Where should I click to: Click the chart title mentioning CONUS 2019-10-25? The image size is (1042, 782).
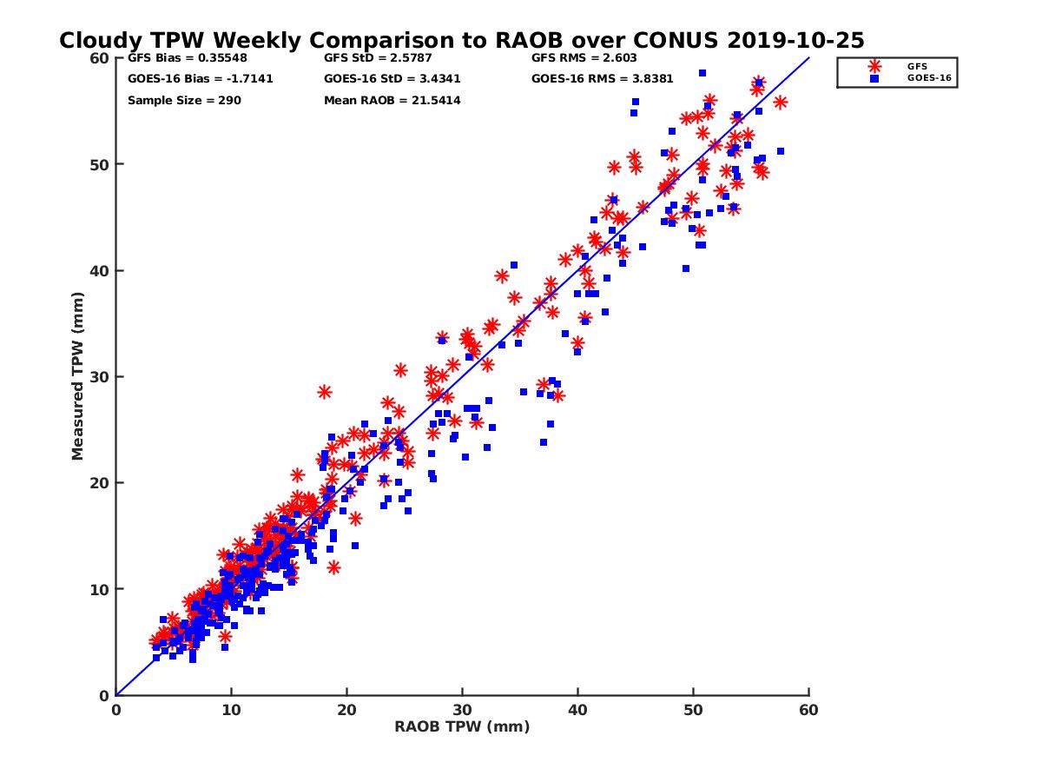coord(461,41)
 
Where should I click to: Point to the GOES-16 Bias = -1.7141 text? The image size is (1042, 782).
coord(188,79)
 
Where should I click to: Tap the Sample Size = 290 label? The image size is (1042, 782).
coord(184,101)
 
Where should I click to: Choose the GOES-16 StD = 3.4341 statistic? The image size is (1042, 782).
coord(392,79)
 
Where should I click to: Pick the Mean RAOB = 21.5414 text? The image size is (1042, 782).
coord(392,101)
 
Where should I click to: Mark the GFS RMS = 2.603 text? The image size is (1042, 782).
coord(584,59)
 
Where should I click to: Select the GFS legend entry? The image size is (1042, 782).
coord(917,66)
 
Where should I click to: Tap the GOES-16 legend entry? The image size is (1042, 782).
coord(925,78)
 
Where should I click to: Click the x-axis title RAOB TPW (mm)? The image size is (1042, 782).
coord(462,727)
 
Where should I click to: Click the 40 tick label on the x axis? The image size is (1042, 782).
coord(577,710)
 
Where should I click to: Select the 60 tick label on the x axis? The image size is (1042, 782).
coord(808,710)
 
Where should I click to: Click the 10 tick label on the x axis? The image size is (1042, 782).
coord(231,710)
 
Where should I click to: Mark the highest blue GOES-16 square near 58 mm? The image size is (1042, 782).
coord(702,73)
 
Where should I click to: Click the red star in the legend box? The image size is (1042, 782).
coord(874,66)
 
